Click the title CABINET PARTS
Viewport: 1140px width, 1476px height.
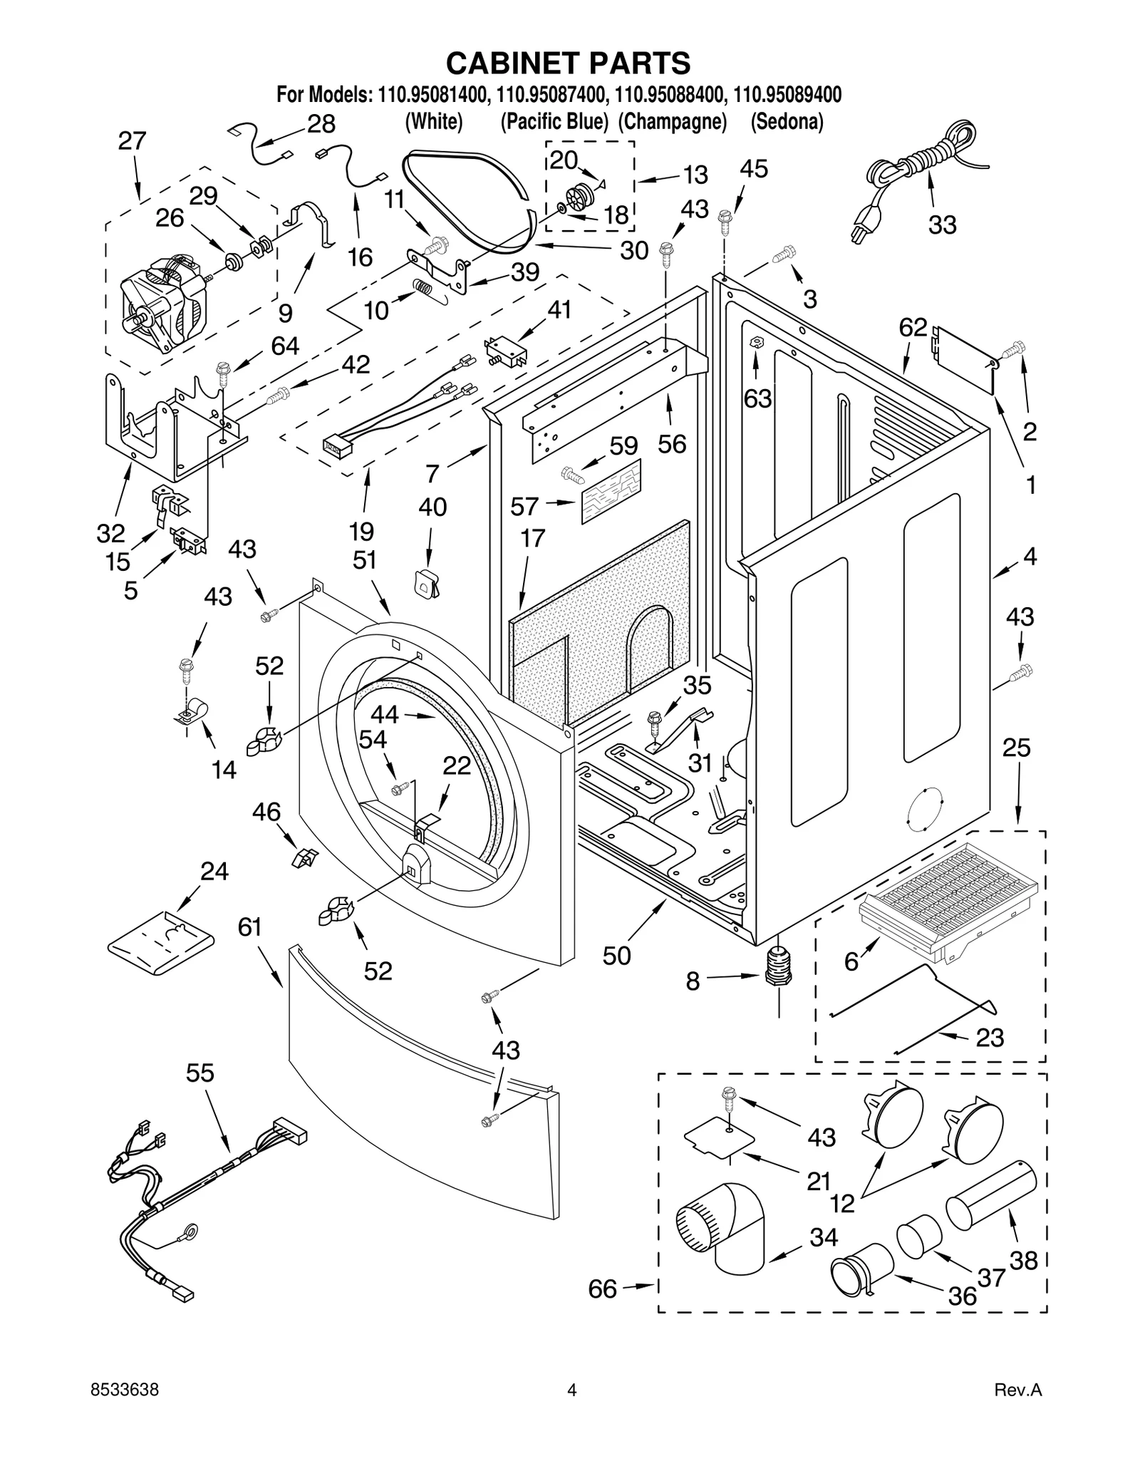[x=568, y=63]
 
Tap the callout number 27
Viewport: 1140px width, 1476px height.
[x=132, y=141]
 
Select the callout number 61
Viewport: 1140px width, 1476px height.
[x=250, y=927]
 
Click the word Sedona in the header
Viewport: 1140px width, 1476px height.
[x=787, y=122]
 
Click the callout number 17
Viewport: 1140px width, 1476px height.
[x=532, y=538]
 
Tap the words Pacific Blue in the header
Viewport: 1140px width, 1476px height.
[x=554, y=122]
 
